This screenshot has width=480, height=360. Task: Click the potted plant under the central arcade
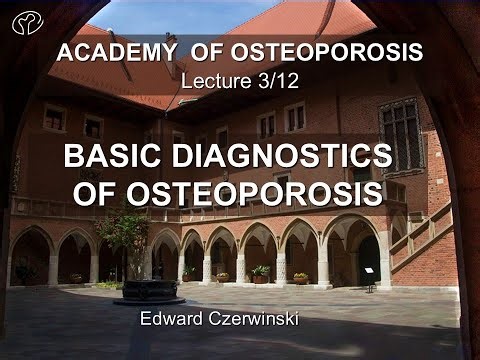260,271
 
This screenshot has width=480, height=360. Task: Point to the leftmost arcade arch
30,255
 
